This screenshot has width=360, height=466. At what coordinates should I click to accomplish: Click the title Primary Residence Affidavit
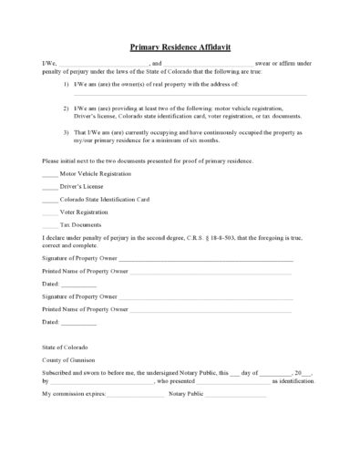click(x=180, y=45)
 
